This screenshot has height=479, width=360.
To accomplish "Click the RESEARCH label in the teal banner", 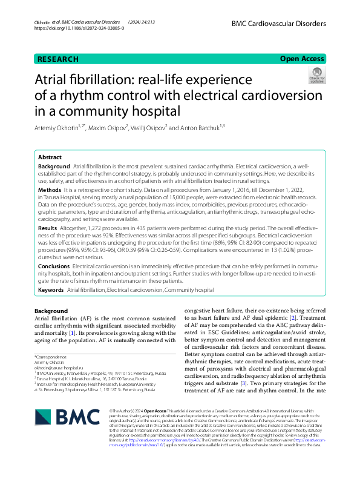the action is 58,59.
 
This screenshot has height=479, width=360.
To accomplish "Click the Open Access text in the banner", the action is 302,59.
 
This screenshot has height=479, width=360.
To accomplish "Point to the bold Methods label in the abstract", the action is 50,190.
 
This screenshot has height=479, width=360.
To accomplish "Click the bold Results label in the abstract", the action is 48,228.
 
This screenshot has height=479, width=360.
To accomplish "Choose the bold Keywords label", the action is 51,290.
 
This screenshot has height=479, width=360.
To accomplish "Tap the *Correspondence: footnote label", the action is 52,357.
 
